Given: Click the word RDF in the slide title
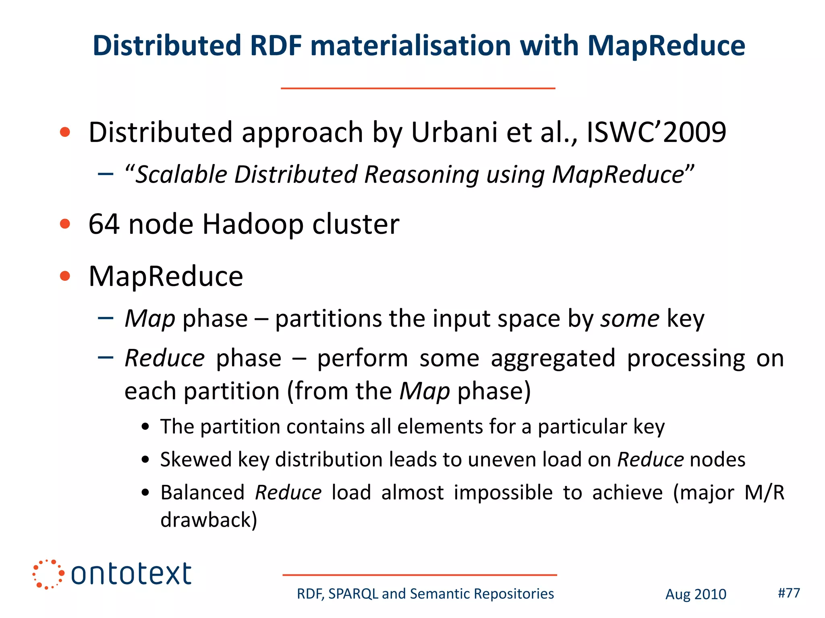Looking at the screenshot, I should click(276, 45).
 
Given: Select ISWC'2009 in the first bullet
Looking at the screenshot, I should click(656, 132).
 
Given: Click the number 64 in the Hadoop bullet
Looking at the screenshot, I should click(104, 224).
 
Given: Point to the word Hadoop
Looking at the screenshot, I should click(253, 225).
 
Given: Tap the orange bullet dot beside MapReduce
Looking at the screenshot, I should click(65, 276).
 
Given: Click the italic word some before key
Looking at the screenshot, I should click(630, 319).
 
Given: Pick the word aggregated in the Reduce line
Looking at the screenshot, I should click(553, 359).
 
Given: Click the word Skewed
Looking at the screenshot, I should click(196, 459).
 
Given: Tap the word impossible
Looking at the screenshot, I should click(503, 492).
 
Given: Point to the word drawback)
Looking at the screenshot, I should click(209, 520).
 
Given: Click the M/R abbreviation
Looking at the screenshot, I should click(764, 492).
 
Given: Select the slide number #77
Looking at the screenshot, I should click(789, 593).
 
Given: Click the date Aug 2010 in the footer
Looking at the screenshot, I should click(696, 594).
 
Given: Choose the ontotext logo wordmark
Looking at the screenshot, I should click(131, 574).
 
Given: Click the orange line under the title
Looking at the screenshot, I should click(418, 88).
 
